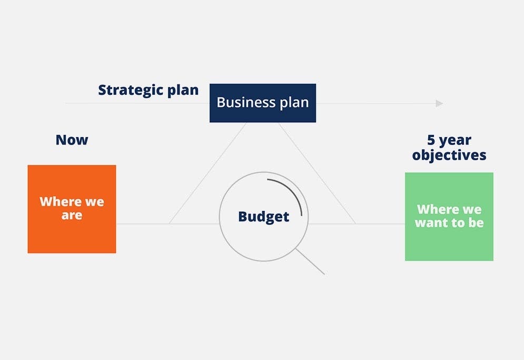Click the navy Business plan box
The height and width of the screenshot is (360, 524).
(x=262, y=103)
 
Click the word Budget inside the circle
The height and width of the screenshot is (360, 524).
(x=263, y=216)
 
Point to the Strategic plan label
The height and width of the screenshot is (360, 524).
(x=148, y=90)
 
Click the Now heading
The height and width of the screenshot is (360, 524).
(x=72, y=140)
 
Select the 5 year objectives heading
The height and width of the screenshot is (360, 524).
(x=449, y=148)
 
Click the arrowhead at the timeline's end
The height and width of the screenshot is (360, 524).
(x=439, y=103)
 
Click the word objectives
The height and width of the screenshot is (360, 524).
(x=449, y=155)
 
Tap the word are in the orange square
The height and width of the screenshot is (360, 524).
(x=72, y=215)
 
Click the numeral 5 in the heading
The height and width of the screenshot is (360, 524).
(x=431, y=140)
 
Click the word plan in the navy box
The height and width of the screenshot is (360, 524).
(x=294, y=103)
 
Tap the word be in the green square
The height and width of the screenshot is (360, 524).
(x=476, y=222)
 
